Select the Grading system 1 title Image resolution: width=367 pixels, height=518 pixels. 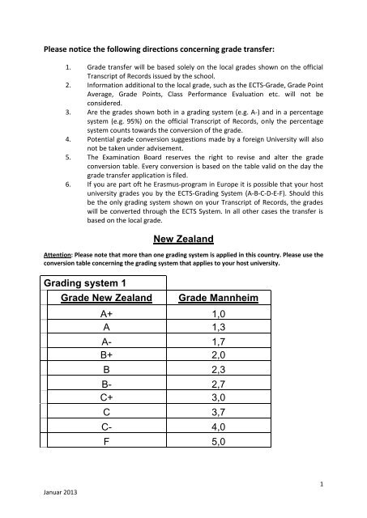[87, 282]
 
